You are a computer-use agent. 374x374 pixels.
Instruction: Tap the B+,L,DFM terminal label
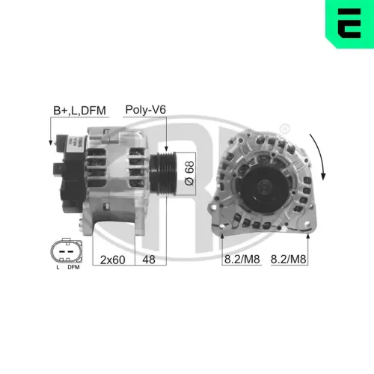pos(79,111)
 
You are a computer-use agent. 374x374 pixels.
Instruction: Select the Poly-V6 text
pos(144,111)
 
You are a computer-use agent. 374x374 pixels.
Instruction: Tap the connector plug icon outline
pos(65,249)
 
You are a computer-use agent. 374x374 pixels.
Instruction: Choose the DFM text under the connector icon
pos(73,266)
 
